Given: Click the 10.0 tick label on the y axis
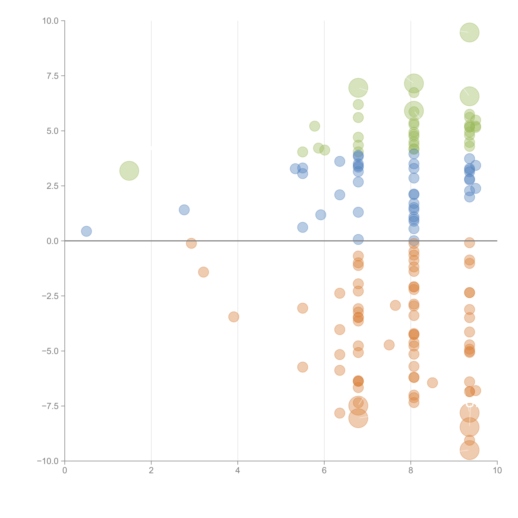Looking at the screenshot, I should (x=50, y=21).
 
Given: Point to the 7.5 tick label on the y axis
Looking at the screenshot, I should (x=53, y=76).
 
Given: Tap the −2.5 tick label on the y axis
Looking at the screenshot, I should (x=50, y=296).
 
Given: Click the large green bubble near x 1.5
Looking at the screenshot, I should (x=129, y=171).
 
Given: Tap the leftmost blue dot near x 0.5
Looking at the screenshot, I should (x=86, y=231).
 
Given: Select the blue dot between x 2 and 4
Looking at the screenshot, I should (x=184, y=210).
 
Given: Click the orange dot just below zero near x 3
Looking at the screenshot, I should (x=191, y=243).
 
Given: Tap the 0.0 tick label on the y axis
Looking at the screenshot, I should (x=53, y=241).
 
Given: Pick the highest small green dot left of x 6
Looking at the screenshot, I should (x=315, y=126).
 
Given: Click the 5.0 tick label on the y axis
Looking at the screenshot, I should (x=53, y=131).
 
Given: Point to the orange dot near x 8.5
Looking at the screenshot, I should (x=432, y=383).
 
